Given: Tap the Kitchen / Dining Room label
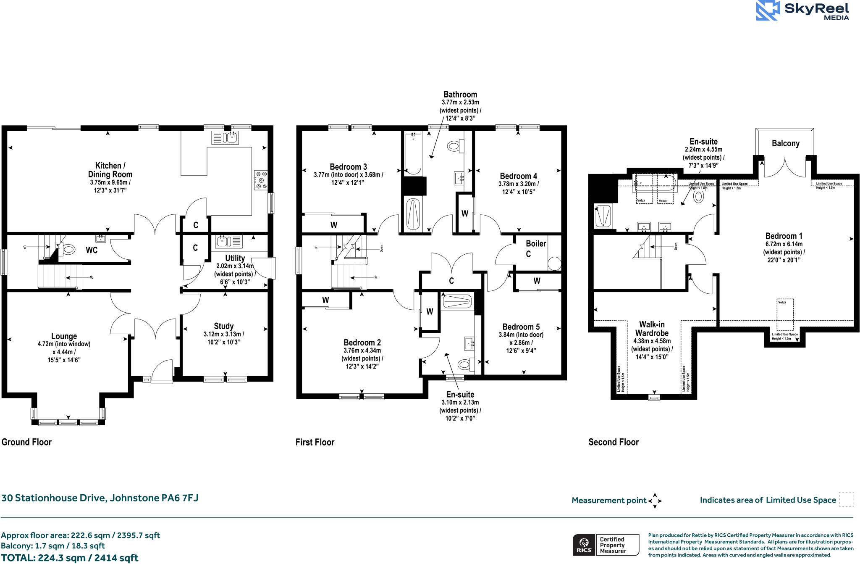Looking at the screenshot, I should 110,170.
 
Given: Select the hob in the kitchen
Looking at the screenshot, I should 261,180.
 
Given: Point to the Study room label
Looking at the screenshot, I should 223,326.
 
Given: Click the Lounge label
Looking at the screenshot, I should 64,336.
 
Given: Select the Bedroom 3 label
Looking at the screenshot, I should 348,167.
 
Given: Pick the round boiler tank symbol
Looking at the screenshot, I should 554,264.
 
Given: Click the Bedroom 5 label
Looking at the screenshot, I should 521,327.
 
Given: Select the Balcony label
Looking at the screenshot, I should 785,143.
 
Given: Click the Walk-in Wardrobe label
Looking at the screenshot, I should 652,329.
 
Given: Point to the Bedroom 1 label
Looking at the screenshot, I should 784,236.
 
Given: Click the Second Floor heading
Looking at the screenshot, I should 613,442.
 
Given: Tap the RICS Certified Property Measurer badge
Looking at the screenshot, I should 606,545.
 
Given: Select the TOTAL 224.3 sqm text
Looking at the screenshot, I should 70,558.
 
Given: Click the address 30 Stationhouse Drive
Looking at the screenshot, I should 100,498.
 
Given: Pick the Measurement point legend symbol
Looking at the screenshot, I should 655,501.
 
